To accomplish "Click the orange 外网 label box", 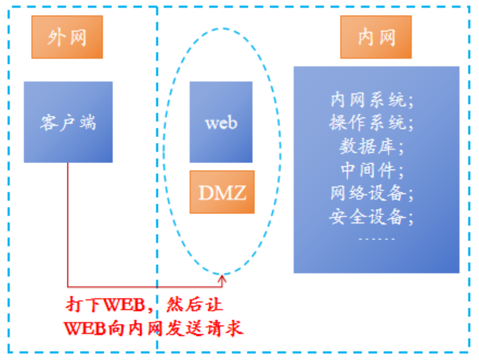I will [x=67, y=37].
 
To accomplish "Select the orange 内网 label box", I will [x=376, y=37].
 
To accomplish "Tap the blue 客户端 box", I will [x=68, y=122].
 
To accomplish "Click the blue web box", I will [x=221, y=122].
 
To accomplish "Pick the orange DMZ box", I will [x=222, y=192].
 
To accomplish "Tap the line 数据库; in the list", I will [x=372, y=147].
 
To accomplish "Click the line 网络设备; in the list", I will [x=372, y=193].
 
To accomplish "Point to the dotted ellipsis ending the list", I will [x=377, y=239].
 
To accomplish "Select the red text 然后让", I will [x=195, y=305].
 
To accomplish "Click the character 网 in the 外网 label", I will [x=78, y=38].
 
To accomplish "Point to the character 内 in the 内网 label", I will [x=365, y=38].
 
